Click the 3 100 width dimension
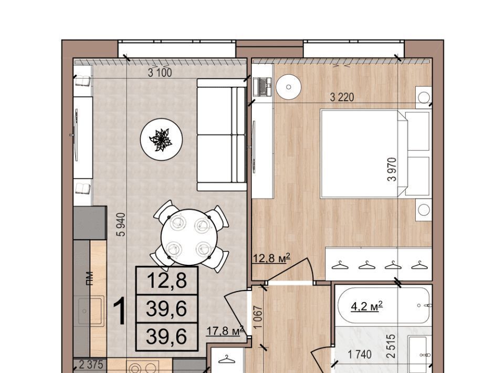pyautogui.click(x=160, y=72)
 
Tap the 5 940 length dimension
pyautogui.click(x=121, y=225)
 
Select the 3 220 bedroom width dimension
pyautogui.click(x=342, y=97)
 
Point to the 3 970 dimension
pyautogui.click(x=392, y=170)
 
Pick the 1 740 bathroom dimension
pyautogui.click(x=360, y=355)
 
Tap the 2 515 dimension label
pyautogui.click(x=391, y=346)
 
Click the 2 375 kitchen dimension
pyautogui.click(x=91, y=365)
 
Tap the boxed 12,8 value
pyautogui.click(x=167, y=280)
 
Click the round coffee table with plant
pyautogui.click(x=162, y=140)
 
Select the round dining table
pyautogui.click(x=190, y=237)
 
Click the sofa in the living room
pyautogui.click(x=222, y=134)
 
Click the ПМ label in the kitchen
pyautogui.click(x=90, y=278)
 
